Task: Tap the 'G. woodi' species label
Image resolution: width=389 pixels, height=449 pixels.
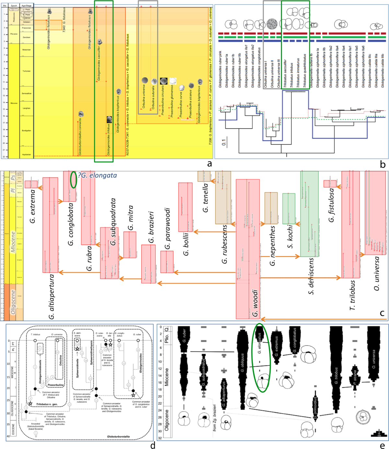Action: (255, 303)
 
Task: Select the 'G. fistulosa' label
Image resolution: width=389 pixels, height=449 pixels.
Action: (331, 205)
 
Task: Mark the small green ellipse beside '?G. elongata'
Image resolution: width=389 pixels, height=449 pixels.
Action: (74, 179)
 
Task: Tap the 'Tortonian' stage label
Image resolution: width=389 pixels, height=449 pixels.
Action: (27, 71)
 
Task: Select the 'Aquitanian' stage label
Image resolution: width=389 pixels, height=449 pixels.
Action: (27, 154)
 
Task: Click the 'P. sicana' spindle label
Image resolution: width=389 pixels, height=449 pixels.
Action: (355, 377)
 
